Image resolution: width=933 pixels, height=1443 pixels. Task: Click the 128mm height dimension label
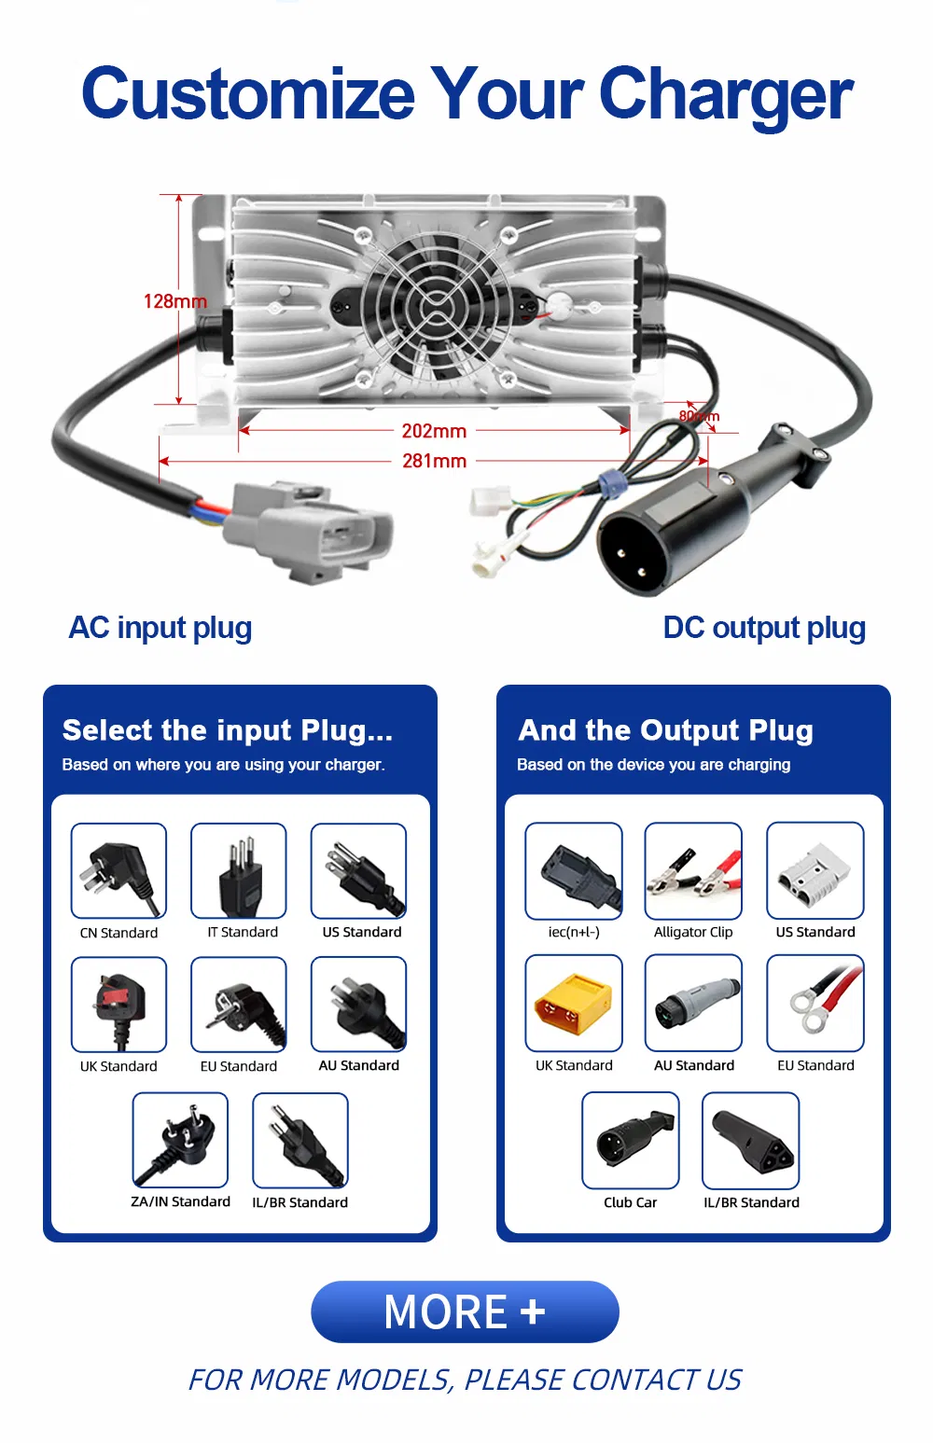pyautogui.click(x=174, y=301)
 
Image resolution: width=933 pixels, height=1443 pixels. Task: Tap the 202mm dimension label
pyautogui.click(x=434, y=431)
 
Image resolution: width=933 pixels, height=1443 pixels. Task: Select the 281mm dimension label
pyautogui.click(x=434, y=461)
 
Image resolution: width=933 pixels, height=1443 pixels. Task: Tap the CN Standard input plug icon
pyautogui.click(x=118, y=870)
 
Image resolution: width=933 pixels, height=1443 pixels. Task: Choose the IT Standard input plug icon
pyautogui.click(x=239, y=870)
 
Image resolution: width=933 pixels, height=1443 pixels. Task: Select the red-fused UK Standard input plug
pyautogui.click(x=118, y=1005)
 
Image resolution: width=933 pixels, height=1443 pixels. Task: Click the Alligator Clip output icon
pyautogui.click(x=693, y=870)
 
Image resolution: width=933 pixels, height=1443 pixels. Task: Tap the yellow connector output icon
pyautogui.click(x=573, y=1004)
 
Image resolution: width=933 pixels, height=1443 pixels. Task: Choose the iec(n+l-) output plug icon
pyautogui.click(x=573, y=870)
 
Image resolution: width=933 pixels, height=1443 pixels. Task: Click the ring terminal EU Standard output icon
pyautogui.click(x=815, y=1004)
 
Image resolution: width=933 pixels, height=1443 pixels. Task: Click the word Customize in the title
pyautogui.click(x=248, y=94)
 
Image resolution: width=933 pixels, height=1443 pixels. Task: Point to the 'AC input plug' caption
pyautogui.click(x=160, y=628)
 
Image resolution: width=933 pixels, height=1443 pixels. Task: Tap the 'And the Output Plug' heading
pyautogui.click(x=665, y=730)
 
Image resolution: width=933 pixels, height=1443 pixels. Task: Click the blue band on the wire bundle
pyautogui.click(x=611, y=483)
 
